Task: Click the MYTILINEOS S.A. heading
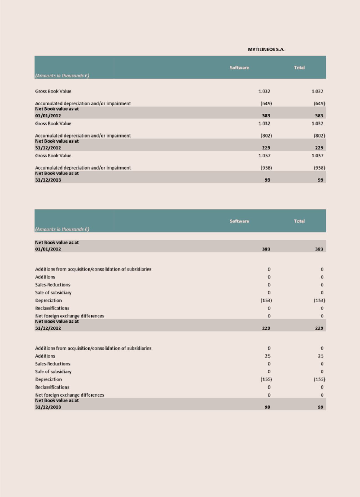266,50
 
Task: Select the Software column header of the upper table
239,68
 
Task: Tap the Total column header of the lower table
299,221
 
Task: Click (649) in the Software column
266,103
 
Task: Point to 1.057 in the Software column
264,156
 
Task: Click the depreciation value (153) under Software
266,300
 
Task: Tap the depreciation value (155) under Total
319,379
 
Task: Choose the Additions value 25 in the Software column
267,356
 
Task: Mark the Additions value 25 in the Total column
320,356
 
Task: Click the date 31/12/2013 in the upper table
48,180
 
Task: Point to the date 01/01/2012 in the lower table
48,249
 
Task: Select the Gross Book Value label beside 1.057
53,156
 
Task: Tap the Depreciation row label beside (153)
48,300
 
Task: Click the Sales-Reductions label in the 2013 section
53,364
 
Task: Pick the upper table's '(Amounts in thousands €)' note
62,76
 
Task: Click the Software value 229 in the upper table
266,148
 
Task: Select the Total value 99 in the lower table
320,407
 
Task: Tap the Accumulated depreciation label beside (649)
83,103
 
